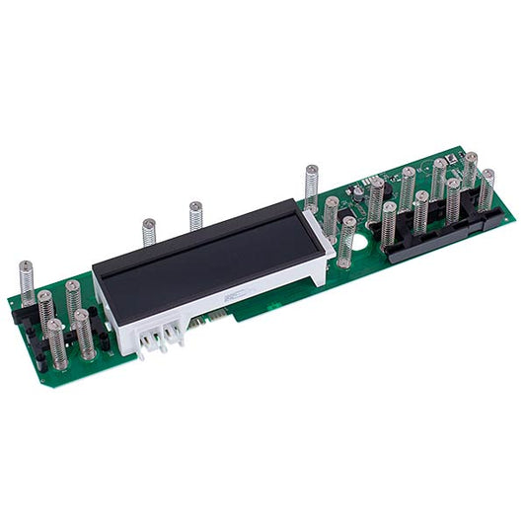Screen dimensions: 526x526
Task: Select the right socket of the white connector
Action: tap(175, 334)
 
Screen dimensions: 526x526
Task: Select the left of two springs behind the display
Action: tap(149, 233)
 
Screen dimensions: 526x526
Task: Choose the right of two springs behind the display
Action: tap(195, 216)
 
